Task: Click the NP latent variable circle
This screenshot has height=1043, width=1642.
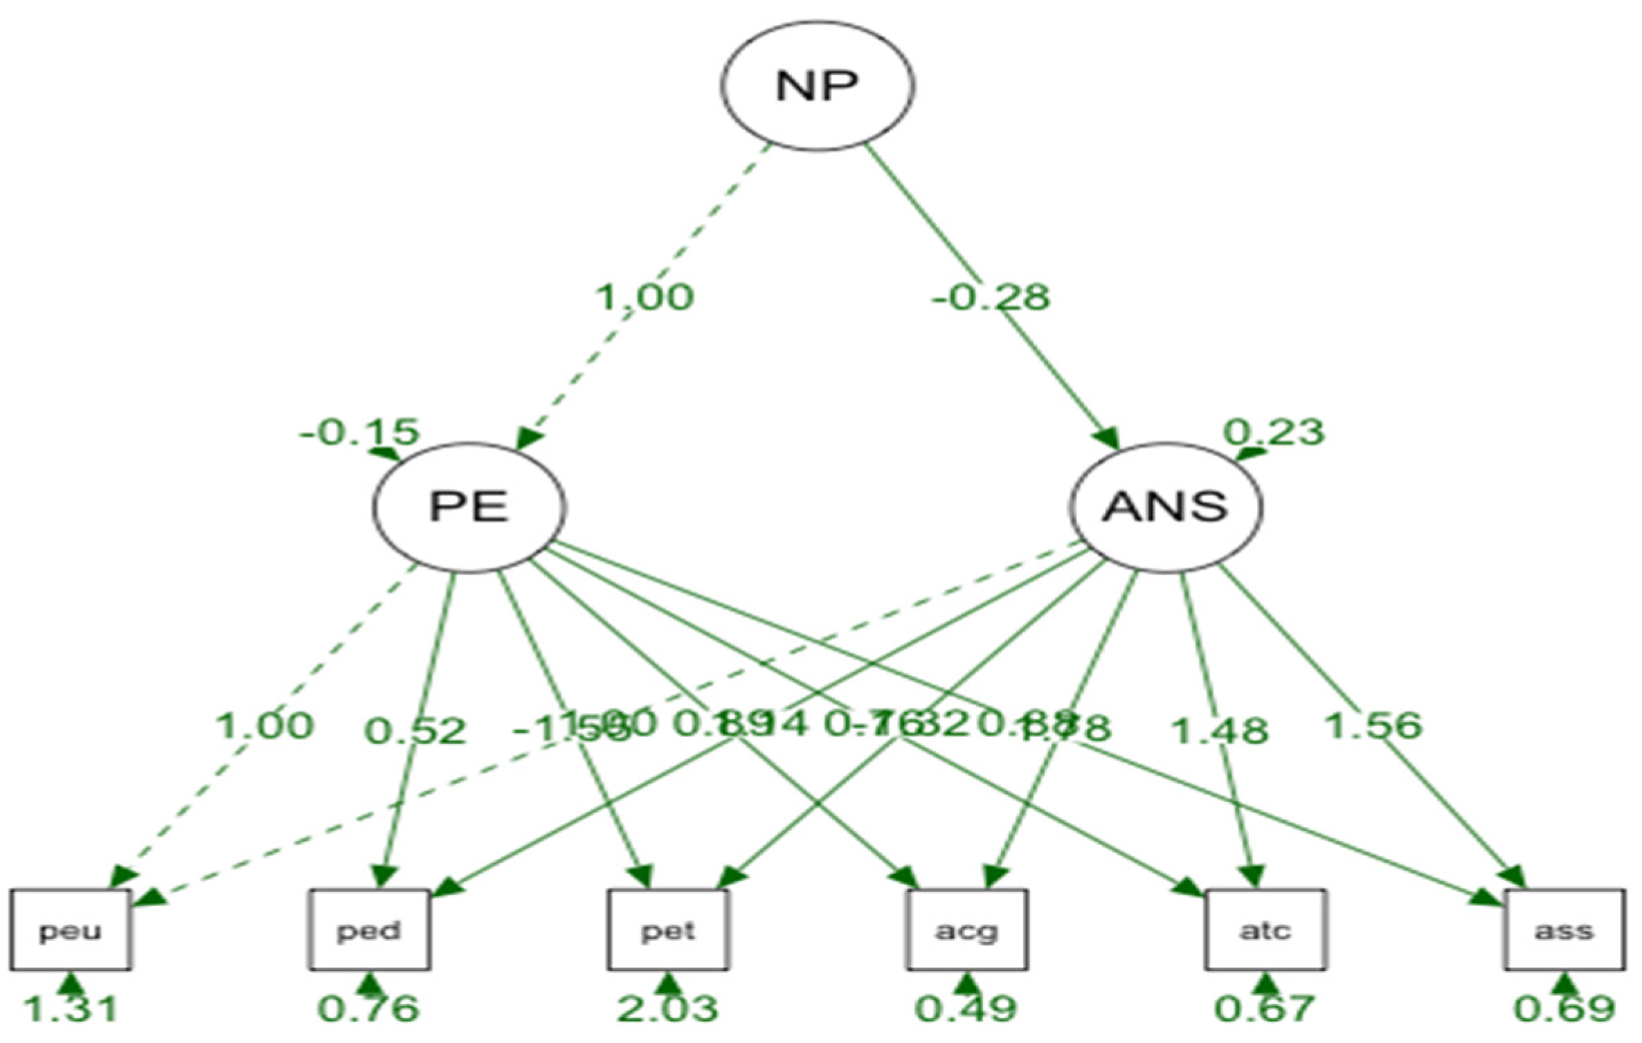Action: click(x=817, y=86)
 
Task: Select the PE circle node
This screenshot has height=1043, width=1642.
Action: click(x=469, y=507)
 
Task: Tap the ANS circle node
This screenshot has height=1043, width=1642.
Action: click(x=1166, y=507)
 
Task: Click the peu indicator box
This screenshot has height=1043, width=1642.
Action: click(x=71, y=930)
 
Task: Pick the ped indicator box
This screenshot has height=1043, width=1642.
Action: click(x=369, y=930)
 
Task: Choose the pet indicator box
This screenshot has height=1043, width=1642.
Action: click(x=668, y=930)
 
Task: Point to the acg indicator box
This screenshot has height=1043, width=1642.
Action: click(x=967, y=930)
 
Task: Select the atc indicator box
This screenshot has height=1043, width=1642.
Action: click(x=1265, y=930)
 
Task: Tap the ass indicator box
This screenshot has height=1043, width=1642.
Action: click(x=1564, y=930)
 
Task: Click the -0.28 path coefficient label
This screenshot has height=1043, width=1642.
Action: click(x=991, y=298)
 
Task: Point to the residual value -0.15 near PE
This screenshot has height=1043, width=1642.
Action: click(x=359, y=433)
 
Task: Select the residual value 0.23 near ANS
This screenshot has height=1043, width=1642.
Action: click(x=1274, y=433)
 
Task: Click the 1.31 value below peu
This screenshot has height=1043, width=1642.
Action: click(x=71, y=1009)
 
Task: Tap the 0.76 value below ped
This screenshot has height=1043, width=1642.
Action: click(x=369, y=1009)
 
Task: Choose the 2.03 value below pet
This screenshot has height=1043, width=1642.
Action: click(x=668, y=1009)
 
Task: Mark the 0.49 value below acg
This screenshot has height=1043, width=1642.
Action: click(x=967, y=1009)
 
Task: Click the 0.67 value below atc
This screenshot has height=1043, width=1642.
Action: click(x=1265, y=1009)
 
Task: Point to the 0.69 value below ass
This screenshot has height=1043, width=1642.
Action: click(x=1564, y=1009)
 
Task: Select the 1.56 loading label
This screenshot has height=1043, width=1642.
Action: click(x=1373, y=726)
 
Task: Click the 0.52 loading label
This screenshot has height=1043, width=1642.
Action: click(x=416, y=731)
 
